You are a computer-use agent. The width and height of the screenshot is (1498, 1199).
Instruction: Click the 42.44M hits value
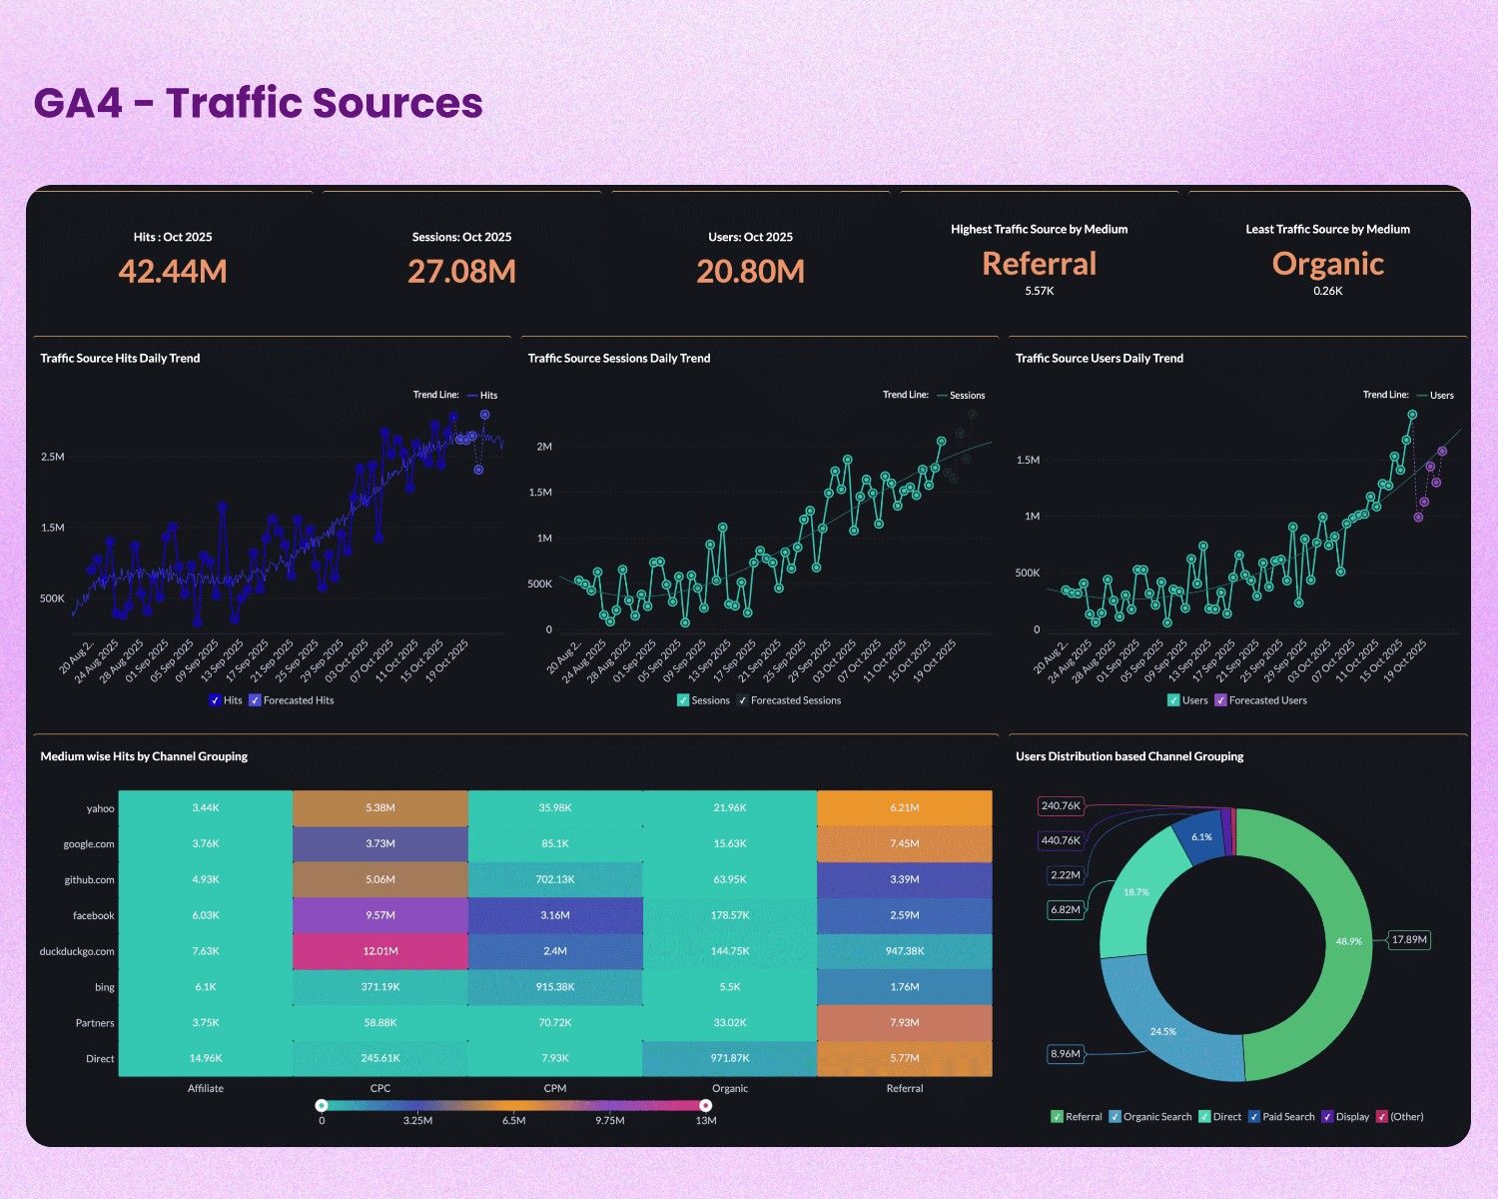point(173,271)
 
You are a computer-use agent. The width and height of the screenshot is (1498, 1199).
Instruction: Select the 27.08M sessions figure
point(461,271)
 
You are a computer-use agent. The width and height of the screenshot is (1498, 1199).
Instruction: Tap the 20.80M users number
point(750,271)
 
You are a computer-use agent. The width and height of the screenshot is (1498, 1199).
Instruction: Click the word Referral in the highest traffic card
point(1039,264)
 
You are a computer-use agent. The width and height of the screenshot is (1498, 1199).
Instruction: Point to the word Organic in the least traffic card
point(1327,264)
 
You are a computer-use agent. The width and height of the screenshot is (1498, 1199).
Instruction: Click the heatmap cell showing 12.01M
point(380,951)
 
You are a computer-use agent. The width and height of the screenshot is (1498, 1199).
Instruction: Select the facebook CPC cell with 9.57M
point(380,915)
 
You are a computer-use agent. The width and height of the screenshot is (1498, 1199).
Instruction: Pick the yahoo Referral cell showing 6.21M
point(904,807)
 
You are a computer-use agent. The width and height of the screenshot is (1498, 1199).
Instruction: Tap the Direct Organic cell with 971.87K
point(729,1058)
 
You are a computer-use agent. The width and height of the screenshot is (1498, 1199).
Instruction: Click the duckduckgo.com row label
point(77,951)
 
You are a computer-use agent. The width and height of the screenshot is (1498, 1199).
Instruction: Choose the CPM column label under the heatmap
point(555,1088)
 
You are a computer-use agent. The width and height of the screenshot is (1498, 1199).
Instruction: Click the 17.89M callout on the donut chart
point(1409,939)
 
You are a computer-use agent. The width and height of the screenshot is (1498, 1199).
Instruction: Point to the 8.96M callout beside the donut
point(1066,1053)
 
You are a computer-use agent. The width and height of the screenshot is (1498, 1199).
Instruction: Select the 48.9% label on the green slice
point(1348,941)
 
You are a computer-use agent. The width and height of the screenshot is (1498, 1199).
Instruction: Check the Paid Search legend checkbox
point(1253,1117)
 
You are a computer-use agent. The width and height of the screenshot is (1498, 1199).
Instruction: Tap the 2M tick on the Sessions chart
point(544,447)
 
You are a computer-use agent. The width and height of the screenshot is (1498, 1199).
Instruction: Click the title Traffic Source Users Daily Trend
point(1099,358)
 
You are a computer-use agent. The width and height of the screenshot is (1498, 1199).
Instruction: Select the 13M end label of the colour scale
point(705,1120)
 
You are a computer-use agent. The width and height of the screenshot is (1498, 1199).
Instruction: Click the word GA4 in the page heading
point(77,103)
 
